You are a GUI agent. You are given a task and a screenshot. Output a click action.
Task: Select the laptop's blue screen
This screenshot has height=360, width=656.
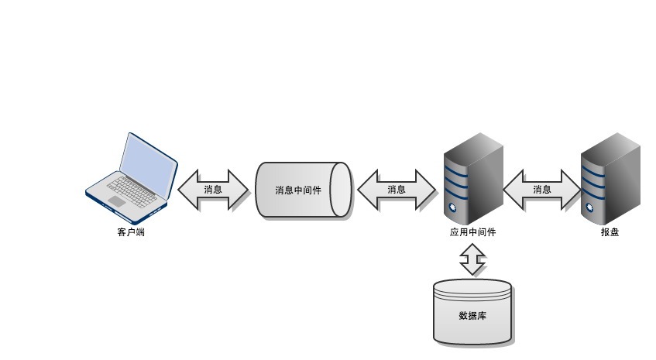[x=148, y=166]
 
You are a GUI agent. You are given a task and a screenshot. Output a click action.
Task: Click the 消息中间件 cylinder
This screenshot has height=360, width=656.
[x=303, y=190]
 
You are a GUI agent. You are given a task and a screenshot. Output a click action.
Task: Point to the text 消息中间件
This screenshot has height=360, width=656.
[x=298, y=190]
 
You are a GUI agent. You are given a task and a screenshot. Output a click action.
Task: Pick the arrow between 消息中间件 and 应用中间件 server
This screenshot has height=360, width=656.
[x=396, y=190]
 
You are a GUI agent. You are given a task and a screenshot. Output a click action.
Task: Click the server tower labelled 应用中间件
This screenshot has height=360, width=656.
[x=472, y=177]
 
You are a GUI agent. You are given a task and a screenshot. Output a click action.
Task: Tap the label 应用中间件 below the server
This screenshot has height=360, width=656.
[x=472, y=232]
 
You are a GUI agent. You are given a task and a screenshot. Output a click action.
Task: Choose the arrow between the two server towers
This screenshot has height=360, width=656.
[x=542, y=190]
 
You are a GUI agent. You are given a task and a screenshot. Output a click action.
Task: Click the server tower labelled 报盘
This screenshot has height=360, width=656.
[x=610, y=177]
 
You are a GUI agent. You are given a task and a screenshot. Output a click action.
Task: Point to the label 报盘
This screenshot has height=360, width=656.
[x=610, y=232]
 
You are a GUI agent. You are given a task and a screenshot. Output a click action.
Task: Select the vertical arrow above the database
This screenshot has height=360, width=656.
[x=472, y=260]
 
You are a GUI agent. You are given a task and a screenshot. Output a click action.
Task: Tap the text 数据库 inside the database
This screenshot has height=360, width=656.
[x=472, y=316]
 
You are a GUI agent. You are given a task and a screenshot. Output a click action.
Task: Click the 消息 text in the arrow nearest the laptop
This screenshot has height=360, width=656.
[x=213, y=190]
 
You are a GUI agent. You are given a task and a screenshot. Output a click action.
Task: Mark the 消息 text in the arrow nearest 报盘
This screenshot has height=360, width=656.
[x=542, y=190]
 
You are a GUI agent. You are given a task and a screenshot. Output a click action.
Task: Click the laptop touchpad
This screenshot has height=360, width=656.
[x=116, y=201]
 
